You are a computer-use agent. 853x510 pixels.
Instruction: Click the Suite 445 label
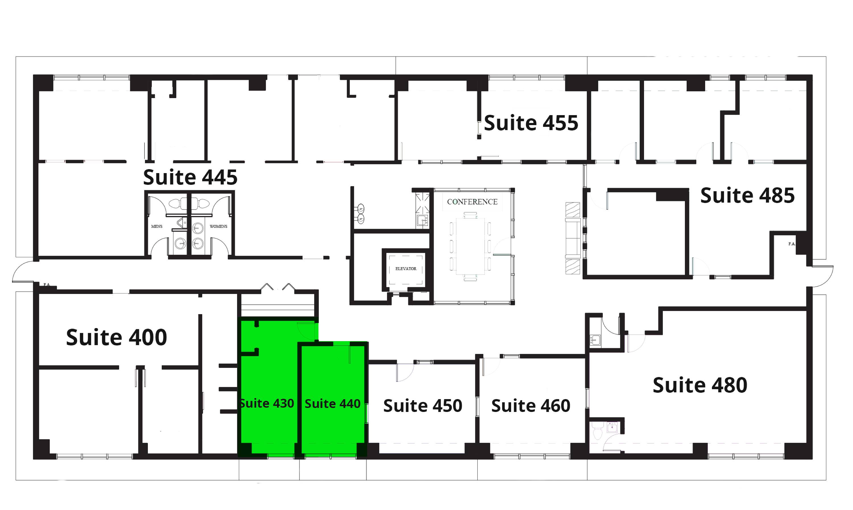pos(190,177)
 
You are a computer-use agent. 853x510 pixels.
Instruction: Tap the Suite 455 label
pos(531,123)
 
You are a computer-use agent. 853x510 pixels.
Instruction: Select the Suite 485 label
pos(748,196)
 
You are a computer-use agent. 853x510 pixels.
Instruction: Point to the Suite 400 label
pos(117,337)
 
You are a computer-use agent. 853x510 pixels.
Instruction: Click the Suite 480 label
pos(700,385)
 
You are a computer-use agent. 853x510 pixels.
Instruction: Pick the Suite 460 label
pos(531,406)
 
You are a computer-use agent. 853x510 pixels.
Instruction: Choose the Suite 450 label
pos(423,406)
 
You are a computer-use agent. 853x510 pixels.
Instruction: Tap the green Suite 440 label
pos(332,403)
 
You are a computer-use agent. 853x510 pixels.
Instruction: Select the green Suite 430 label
pos(267,403)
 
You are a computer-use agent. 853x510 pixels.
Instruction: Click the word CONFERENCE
pos(472,202)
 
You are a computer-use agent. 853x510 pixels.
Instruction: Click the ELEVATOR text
pos(406,269)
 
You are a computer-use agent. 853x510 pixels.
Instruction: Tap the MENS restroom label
pos(157,227)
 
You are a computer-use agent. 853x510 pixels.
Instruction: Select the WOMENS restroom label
pos(219,227)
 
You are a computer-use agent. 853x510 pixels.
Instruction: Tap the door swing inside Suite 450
pos(405,372)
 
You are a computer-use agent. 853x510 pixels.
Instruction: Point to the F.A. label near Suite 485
pos(792,244)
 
